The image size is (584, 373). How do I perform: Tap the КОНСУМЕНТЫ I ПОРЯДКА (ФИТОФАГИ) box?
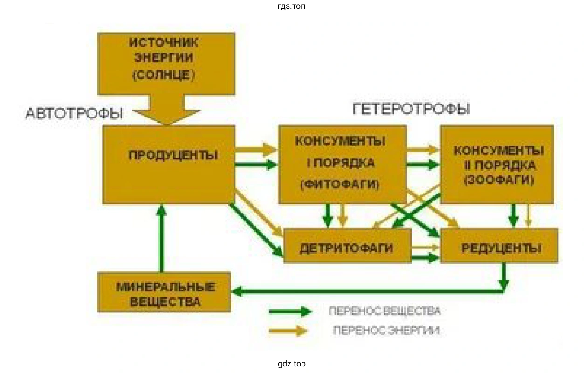(x=342, y=164)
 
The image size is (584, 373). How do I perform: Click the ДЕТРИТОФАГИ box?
(x=347, y=246)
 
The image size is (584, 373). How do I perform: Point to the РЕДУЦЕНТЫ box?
(x=500, y=246)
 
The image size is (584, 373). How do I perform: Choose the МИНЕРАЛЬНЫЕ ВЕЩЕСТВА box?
(x=164, y=292)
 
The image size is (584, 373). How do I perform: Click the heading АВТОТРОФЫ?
(x=74, y=114)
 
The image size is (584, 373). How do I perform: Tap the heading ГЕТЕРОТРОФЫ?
(x=411, y=109)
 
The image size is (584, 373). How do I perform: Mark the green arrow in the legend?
(x=289, y=311)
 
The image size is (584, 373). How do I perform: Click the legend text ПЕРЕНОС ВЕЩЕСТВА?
(x=384, y=311)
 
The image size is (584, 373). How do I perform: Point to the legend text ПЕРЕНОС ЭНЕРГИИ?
(x=386, y=331)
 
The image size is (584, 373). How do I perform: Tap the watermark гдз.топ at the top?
(x=291, y=7)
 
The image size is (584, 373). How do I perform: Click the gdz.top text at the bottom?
(x=291, y=364)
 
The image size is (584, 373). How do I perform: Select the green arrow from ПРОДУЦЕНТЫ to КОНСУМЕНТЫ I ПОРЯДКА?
(x=256, y=164)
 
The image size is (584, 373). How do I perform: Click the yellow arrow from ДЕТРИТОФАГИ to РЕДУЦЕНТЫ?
(x=426, y=247)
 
